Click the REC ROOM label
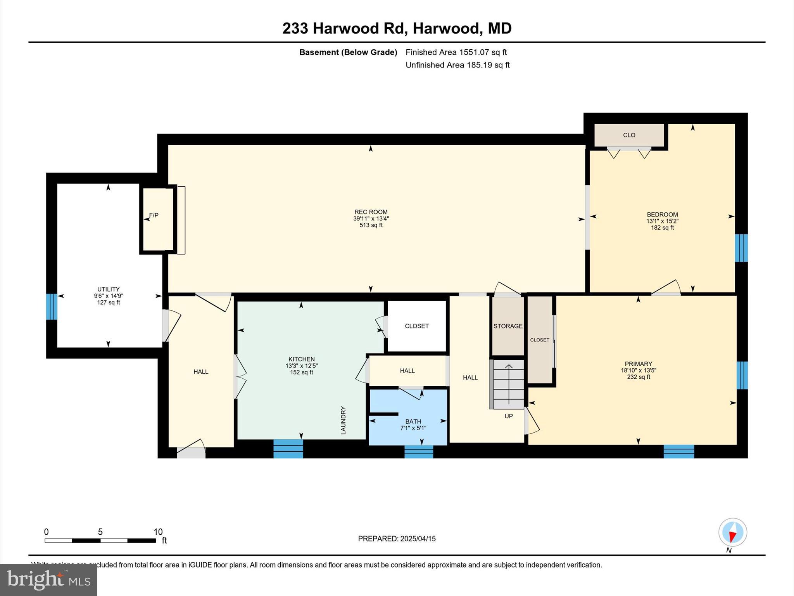pyautogui.click(x=371, y=212)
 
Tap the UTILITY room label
pyautogui.click(x=108, y=289)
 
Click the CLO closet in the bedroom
pyautogui.click(x=629, y=135)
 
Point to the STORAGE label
pyautogui.click(x=507, y=326)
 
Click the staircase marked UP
pyautogui.click(x=508, y=384)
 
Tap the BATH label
pyautogui.click(x=413, y=421)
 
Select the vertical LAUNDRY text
pyautogui.click(x=343, y=420)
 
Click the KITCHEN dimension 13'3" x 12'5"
pyautogui.click(x=301, y=366)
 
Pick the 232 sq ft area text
pyautogui.click(x=638, y=377)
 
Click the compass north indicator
pyautogui.click(x=732, y=533)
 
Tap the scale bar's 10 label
pyautogui.click(x=158, y=532)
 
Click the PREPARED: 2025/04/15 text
pyautogui.click(x=397, y=539)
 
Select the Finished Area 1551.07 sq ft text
pyautogui.click(x=456, y=52)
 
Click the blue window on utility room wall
pyautogui.click(x=52, y=307)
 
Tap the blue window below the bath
pyautogui.click(x=419, y=452)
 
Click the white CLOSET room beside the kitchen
pyautogui.click(x=417, y=326)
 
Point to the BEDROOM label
pyautogui.click(x=662, y=215)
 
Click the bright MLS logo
pyautogui.click(x=48, y=580)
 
